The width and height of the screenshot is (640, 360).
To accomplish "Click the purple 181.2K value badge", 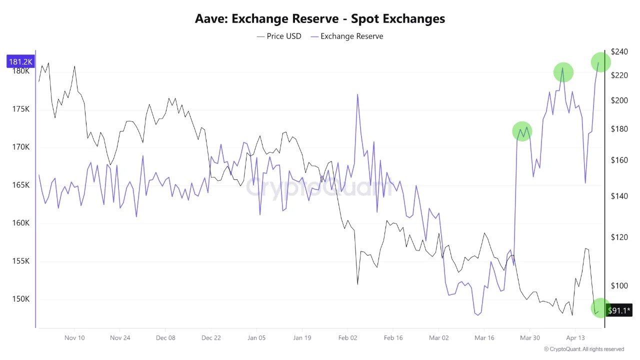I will (x=20, y=61).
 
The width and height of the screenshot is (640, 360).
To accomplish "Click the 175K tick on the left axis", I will (x=20, y=109).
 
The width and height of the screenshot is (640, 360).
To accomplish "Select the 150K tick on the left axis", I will (x=20, y=299).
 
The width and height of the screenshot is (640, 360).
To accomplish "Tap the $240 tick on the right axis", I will (x=619, y=51).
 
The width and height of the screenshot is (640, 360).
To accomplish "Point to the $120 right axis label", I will (x=619, y=237).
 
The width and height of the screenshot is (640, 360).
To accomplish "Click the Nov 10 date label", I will (x=74, y=337).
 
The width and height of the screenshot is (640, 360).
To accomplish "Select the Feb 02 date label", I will (x=347, y=337).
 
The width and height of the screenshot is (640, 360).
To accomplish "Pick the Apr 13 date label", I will (x=575, y=337).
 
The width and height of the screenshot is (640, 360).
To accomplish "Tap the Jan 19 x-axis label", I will (x=302, y=337).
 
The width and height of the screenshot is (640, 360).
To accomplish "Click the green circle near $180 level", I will (x=522, y=131).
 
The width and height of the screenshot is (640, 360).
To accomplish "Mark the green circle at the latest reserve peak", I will (x=600, y=62).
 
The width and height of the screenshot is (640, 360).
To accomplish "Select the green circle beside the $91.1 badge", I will (x=600, y=308).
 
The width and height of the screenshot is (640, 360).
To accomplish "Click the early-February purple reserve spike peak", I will (x=357, y=94).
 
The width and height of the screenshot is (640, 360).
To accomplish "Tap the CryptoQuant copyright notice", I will (x=583, y=349).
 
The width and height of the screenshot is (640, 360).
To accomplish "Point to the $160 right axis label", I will (x=619, y=160).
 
